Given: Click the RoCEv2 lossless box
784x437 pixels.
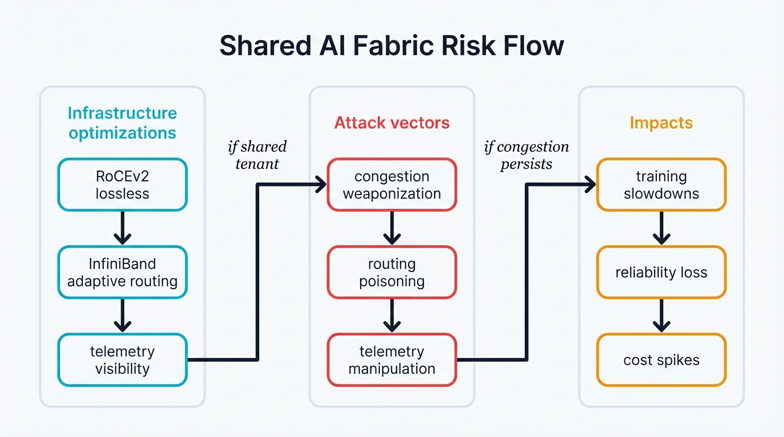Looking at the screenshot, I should point(122,185).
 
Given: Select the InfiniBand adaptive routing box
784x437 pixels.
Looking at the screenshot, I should point(122,273).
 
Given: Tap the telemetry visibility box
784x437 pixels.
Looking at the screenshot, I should point(122,360).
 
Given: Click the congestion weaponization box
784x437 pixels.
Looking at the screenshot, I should point(392,185).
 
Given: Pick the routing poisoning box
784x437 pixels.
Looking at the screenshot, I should point(392,273).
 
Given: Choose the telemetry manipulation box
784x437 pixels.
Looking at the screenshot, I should point(392,360).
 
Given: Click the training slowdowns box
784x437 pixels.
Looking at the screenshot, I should point(661,185).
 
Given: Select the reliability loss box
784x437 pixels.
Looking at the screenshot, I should point(661,273).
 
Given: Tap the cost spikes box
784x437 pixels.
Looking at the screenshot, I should point(661,360).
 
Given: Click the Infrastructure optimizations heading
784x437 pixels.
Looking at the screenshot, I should point(122,123).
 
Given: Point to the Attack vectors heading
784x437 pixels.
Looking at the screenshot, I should point(392,122).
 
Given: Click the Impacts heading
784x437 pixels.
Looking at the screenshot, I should point(661,122).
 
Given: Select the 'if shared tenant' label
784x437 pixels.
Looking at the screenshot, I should point(257,155).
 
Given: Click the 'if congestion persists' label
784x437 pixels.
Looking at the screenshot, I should point(526,155).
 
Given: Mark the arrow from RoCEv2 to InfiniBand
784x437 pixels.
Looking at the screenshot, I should point(122,228).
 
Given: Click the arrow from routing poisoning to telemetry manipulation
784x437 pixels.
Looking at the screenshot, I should point(392,316).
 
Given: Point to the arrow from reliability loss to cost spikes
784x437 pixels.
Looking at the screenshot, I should point(661,316).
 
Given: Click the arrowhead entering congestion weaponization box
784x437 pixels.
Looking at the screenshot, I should point(321,184).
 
